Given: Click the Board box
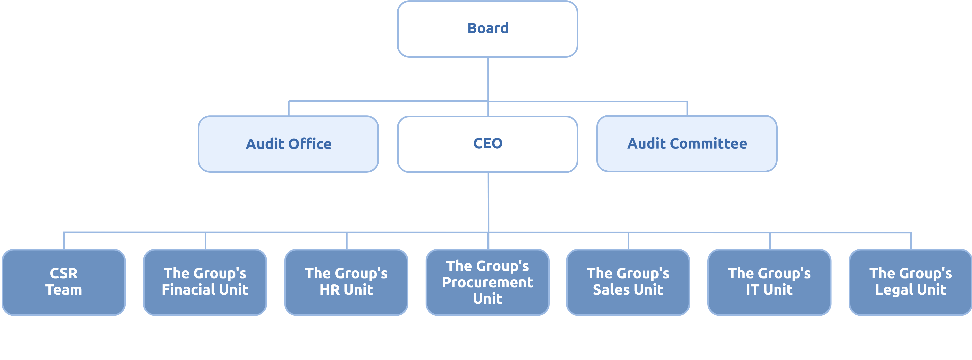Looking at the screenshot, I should [x=487, y=29].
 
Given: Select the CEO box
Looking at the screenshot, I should [x=487, y=144].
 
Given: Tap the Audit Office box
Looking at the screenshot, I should [x=288, y=144].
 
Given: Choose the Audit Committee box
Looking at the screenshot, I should [x=687, y=144].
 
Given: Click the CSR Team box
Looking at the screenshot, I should [x=64, y=282].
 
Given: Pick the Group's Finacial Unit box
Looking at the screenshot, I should [x=205, y=282].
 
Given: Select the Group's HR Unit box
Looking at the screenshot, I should [x=346, y=282].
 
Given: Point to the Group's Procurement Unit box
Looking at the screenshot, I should [x=487, y=282].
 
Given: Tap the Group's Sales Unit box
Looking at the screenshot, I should [x=628, y=282].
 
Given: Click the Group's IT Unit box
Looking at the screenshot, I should [x=769, y=282].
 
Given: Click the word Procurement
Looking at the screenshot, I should [x=487, y=282].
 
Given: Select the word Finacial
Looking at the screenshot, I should [x=185, y=290].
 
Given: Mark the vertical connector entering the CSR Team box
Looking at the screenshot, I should [x=64, y=241].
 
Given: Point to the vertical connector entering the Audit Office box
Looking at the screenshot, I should [x=289, y=109].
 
